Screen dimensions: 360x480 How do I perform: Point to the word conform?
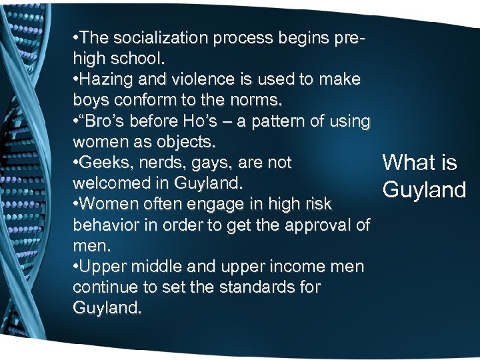(x=141, y=101)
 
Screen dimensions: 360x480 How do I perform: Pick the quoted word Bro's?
(x=107, y=122)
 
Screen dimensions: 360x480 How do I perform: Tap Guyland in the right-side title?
(x=424, y=190)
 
